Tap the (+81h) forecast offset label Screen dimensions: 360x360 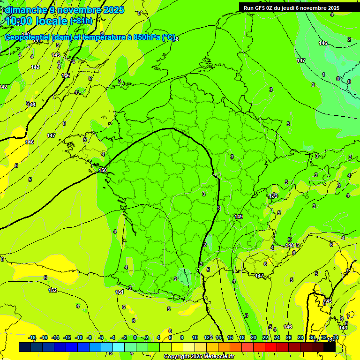[81, 21]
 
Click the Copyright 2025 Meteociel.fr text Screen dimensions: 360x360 [199, 357]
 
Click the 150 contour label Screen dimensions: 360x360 [103, 170]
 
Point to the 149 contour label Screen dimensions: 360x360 [239, 217]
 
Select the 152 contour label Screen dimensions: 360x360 [52, 290]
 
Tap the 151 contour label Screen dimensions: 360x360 [120, 292]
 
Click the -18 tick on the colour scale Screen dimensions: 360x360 [32, 337]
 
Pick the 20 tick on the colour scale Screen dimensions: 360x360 [253, 337]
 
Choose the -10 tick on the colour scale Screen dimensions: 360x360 [78, 337]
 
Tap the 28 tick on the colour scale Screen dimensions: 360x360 [300, 337]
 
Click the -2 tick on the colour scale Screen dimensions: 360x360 [124, 337]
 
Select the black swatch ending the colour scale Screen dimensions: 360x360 [330, 347]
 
